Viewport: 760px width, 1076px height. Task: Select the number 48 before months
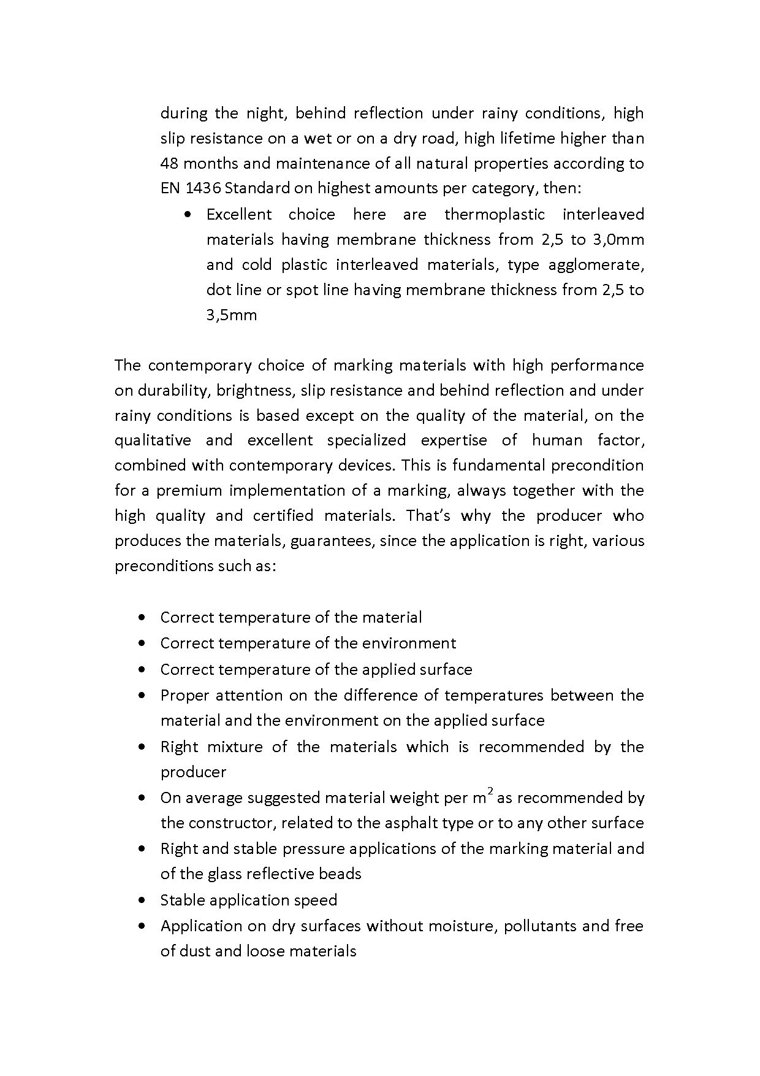pyautogui.click(x=169, y=164)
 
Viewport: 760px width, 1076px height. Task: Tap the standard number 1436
pyautogui.click(x=198, y=189)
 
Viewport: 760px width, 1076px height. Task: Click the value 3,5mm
pyautogui.click(x=231, y=315)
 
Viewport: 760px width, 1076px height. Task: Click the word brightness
pyautogui.click(x=254, y=391)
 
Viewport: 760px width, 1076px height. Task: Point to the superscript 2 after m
pyautogui.click(x=490, y=792)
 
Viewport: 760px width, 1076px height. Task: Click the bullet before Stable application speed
pyautogui.click(x=142, y=901)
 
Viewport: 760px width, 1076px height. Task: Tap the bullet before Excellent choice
pyautogui.click(x=188, y=215)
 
